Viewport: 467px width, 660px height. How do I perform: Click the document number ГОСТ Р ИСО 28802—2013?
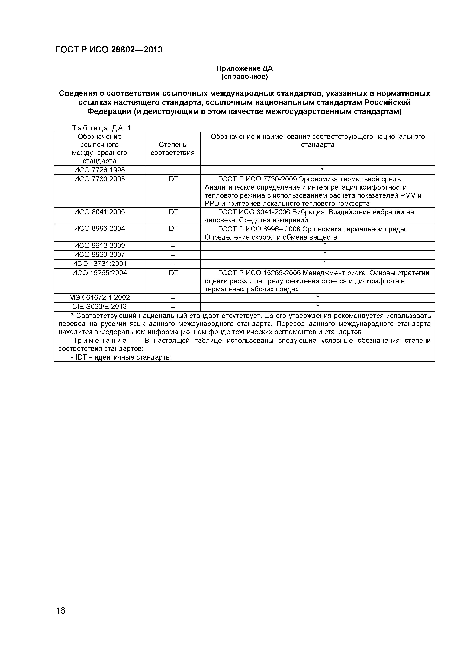click(109, 50)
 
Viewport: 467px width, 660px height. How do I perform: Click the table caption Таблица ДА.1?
click(101, 128)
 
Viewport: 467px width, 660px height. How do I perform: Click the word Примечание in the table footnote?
click(99, 341)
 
